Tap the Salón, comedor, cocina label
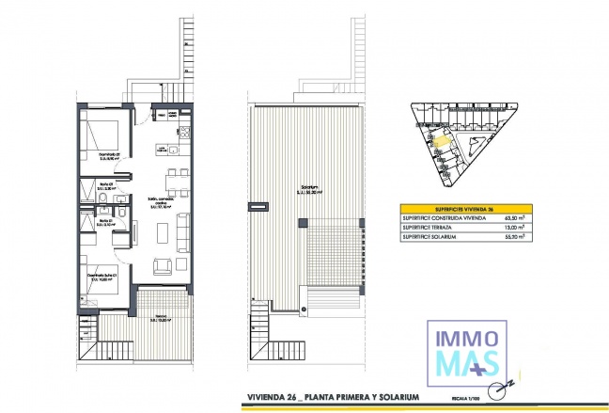pos(160,202)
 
